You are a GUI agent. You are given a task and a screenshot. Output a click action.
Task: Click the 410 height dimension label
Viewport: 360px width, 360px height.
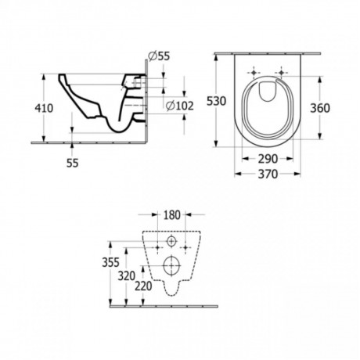click(x=44, y=108)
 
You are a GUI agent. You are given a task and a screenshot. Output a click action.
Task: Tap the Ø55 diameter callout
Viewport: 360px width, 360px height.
click(x=159, y=56)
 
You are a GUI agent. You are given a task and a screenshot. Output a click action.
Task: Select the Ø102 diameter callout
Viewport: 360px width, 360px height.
click(x=180, y=106)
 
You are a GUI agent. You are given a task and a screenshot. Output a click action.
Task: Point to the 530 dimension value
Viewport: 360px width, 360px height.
click(x=216, y=101)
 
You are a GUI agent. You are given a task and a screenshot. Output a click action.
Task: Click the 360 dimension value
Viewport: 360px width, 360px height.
click(x=320, y=108)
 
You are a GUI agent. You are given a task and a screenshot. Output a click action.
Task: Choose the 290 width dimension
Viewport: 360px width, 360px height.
click(x=268, y=159)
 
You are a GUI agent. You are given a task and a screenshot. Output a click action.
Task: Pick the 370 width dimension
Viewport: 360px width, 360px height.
click(x=268, y=174)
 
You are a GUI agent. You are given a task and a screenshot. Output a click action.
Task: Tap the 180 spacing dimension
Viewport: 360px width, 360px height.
click(x=172, y=215)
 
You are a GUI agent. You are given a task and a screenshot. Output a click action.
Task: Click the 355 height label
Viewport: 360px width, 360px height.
click(x=110, y=262)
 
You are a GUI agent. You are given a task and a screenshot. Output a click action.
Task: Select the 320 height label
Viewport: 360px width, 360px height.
click(x=127, y=276)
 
